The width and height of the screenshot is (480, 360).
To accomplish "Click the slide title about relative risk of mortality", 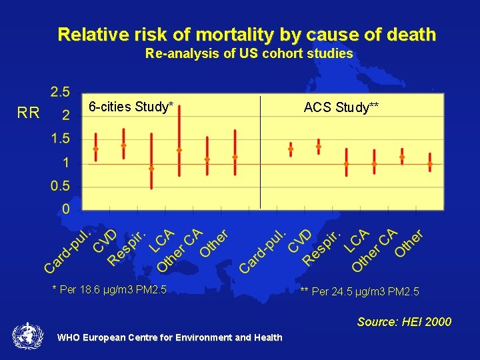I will coord(247,34).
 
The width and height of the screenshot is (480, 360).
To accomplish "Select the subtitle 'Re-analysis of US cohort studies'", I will coord(249,54).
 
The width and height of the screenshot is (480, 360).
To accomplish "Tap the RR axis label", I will coord(29,113).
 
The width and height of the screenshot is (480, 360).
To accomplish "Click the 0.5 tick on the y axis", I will coord(61,186).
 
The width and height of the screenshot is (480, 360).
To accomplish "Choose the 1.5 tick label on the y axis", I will coord(61,139).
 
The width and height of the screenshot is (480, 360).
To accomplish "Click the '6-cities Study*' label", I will coord(131,107).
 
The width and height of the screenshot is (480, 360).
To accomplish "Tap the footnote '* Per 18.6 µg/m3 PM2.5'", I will coord(109,289).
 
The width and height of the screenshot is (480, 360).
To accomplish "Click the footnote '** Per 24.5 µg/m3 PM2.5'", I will coord(359,291).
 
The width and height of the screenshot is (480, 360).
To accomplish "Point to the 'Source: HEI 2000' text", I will coord(404,322).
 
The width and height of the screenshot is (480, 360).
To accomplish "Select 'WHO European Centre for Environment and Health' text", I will coord(169,337).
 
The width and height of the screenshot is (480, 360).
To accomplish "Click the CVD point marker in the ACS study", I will coord(318,147).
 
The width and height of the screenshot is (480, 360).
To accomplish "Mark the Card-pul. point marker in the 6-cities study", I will coord(95,149).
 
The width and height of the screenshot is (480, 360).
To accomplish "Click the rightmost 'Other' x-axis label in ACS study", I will coord(409,244).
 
